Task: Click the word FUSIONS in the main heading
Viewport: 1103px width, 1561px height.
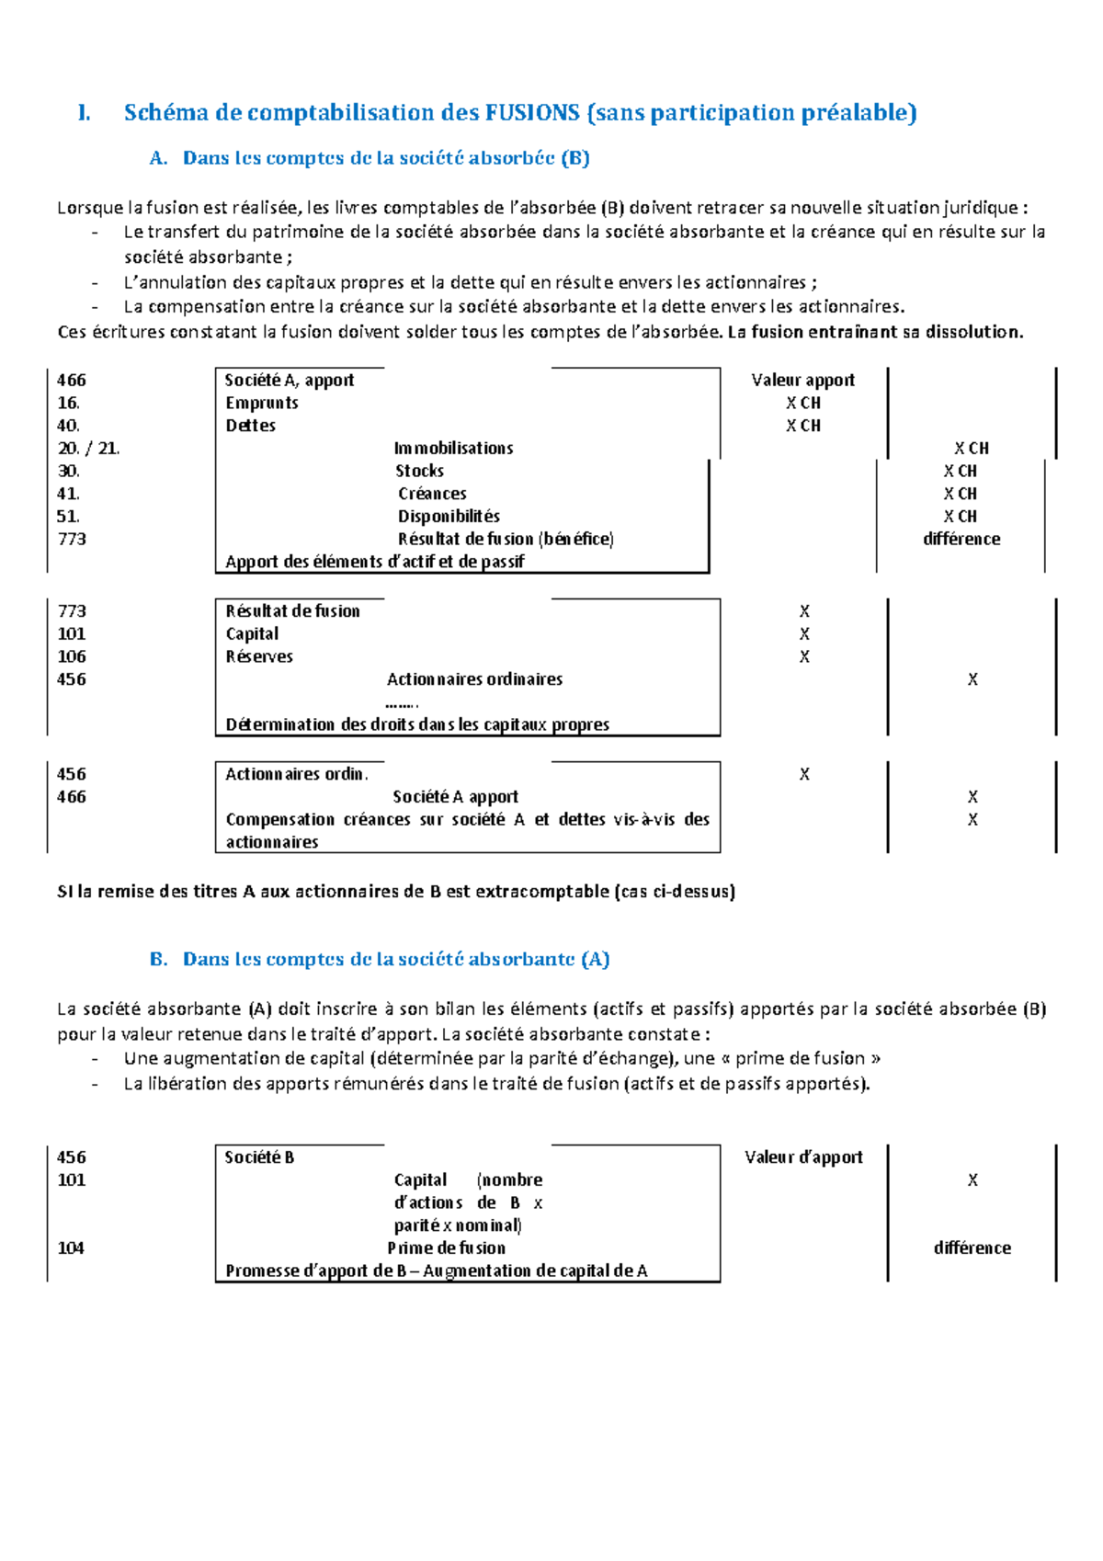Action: [532, 113]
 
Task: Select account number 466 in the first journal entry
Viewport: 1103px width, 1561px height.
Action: [72, 380]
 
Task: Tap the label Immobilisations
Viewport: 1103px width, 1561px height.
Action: [453, 449]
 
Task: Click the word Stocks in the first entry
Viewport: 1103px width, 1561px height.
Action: [419, 471]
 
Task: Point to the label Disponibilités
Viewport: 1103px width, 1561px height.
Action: [449, 517]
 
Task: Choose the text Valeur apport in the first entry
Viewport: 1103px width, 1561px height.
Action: [802, 380]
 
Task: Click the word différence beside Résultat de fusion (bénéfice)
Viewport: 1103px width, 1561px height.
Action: [961, 540]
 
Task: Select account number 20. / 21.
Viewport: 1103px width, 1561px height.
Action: [88, 449]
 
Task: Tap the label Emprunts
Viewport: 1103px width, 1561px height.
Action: [262, 403]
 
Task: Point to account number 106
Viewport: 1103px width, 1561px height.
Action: [72, 656]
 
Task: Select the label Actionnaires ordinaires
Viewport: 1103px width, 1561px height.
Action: [474, 679]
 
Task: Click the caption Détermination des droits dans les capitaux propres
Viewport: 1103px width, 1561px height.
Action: [417, 724]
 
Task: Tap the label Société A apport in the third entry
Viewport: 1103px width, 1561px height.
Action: [455, 797]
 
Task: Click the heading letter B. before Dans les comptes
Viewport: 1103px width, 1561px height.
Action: [158, 960]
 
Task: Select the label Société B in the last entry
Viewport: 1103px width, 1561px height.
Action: [259, 1157]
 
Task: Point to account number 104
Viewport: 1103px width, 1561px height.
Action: [71, 1248]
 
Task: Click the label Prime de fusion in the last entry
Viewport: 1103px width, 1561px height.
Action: [446, 1248]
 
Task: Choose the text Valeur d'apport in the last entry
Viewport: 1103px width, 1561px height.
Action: [803, 1157]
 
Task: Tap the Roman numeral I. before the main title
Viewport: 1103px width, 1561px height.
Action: [84, 113]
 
